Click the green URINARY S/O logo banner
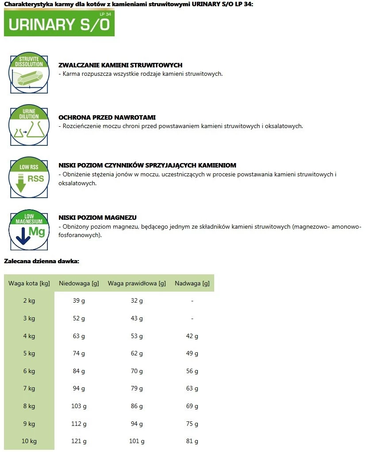coord(59,23)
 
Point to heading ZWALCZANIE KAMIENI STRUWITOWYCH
coord(120,65)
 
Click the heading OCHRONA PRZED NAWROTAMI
coord(107,117)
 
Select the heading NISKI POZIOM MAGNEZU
coord(97,218)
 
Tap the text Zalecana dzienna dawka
coord(42,261)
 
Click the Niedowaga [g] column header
coord(79,283)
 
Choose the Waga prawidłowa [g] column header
coord(137,283)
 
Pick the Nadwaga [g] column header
coord(192,283)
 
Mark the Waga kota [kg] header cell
coord(29,283)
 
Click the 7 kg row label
coord(29,389)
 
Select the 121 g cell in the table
coord(79,441)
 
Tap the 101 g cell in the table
coord(137,441)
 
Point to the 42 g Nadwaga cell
coord(192,336)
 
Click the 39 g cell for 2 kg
coord(79,301)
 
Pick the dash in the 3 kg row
coord(192,318)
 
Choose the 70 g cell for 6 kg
coord(137,371)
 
